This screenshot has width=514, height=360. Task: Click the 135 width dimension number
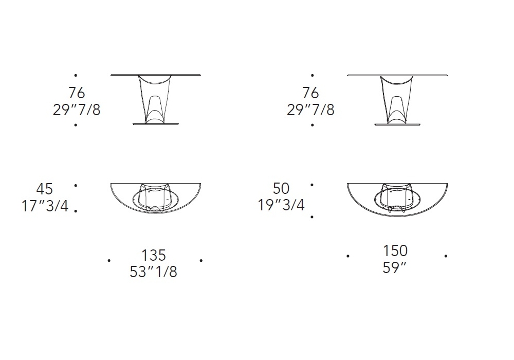point(153,255)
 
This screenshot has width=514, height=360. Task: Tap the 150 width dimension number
point(395,251)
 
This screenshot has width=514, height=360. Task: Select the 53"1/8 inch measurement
point(153,272)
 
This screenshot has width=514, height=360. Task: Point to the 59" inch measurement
point(394,268)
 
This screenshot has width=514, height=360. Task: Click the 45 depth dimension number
point(45,189)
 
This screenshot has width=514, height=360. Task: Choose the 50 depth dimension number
point(281,189)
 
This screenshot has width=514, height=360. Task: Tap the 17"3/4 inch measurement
point(45,206)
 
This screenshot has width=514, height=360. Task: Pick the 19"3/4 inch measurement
point(281,205)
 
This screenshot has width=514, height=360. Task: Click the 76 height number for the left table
point(77,93)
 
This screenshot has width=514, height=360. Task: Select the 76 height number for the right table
point(311,93)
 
